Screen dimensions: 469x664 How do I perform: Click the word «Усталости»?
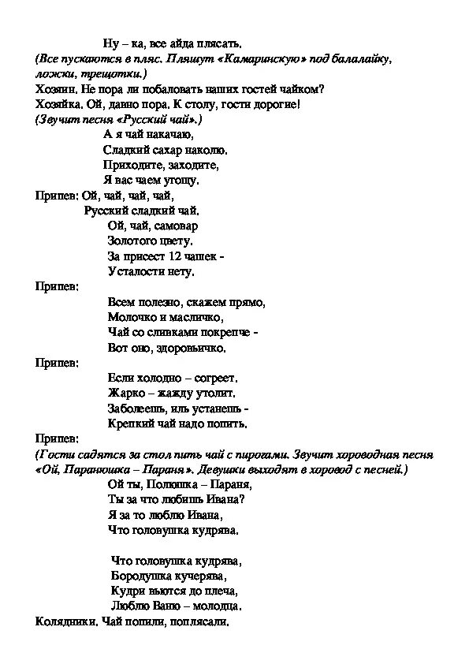(134, 271)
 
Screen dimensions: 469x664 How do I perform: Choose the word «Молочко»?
(129, 316)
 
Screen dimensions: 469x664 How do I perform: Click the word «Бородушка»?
(142, 576)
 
